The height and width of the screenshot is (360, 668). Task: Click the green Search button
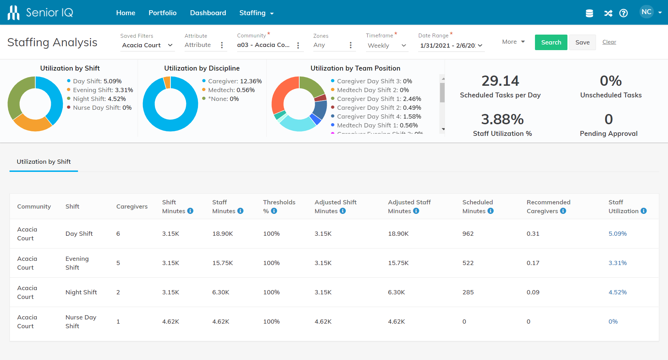(550, 42)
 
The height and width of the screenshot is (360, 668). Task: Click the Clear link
(609, 42)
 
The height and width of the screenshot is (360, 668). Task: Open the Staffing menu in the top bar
(256, 13)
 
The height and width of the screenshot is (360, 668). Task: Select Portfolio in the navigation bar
(162, 13)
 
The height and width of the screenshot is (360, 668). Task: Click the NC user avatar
(646, 12)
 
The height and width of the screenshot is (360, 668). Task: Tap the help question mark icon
(624, 13)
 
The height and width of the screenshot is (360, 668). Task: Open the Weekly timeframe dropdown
(387, 46)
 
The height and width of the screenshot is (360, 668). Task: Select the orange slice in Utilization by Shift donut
(32, 124)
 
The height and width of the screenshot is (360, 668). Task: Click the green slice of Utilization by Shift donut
(16, 95)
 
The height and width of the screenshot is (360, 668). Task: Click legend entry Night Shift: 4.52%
(99, 99)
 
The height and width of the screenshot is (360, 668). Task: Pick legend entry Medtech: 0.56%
(231, 90)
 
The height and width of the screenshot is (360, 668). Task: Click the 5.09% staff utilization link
(617, 234)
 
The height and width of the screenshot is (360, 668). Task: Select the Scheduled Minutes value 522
(468, 263)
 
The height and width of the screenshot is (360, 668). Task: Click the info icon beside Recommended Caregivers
(563, 211)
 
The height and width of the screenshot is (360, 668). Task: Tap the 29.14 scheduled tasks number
(500, 81)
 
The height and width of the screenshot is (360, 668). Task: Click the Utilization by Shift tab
(44, 162)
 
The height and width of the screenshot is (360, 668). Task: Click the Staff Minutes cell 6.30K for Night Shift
(221, 292)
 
